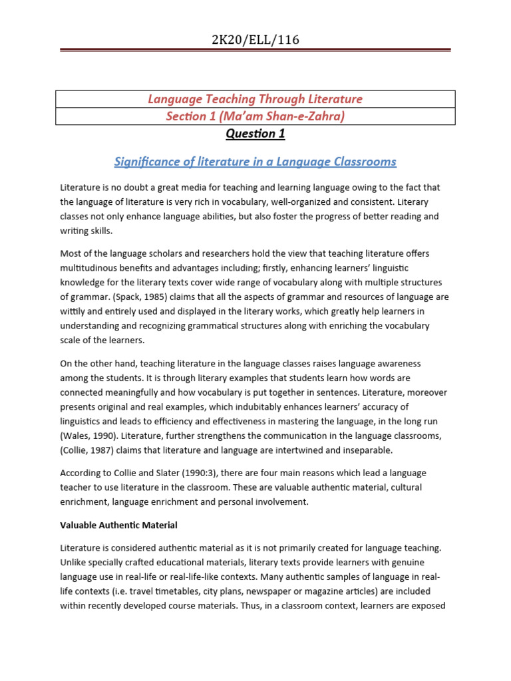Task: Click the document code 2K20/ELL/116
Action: coord(255,40)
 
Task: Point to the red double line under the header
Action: coord(255,50)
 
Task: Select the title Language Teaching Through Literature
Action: coord(255,99)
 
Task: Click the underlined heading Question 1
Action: coord(255,134)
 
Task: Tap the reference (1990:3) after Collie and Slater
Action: coord(184,473)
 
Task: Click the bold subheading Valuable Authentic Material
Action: coord(118,525)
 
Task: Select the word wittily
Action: coord(73,311)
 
